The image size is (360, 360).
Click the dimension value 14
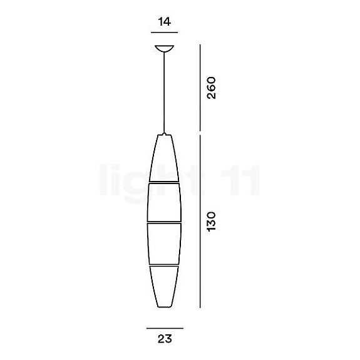click(x=165, y=21)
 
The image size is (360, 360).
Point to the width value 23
click(x=164, y=340)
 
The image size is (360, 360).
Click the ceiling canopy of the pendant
click(x=165, y=48)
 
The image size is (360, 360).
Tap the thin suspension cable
click(x=165, y=94)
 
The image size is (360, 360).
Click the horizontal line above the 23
click(x=165, y=328)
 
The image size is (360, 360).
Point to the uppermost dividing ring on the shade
click(x=165, y=182)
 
